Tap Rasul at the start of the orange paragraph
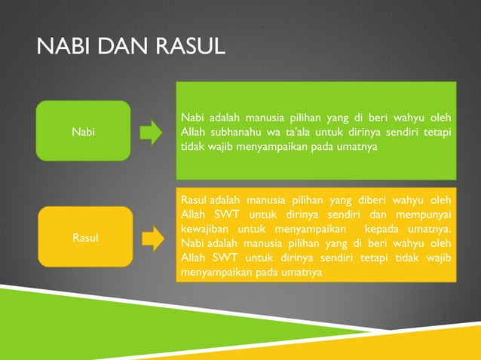tap(195, 200)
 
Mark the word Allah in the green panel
tap(195, 133)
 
